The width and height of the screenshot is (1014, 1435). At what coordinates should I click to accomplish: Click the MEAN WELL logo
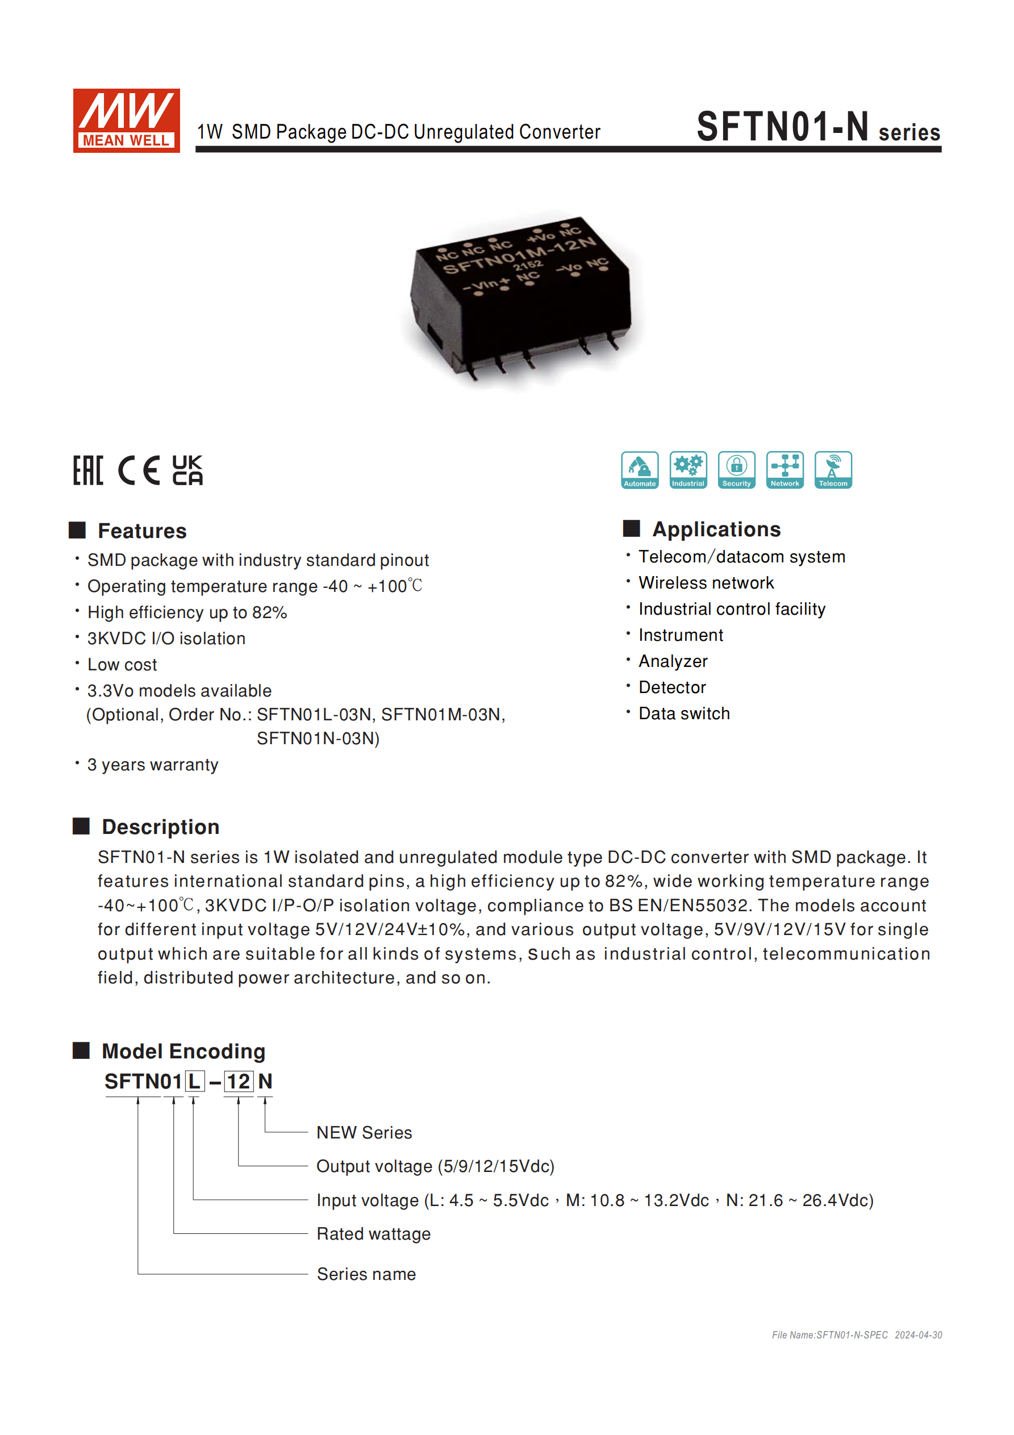coord(126,120)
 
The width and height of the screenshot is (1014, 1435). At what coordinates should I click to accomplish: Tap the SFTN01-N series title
coord(817,127)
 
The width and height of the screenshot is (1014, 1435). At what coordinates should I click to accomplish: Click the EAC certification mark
coord(88,470)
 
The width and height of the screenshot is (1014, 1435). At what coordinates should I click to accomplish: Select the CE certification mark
coord(139,470)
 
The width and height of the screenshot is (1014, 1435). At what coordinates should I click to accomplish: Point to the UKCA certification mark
coord(187,470)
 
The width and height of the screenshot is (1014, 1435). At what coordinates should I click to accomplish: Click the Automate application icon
coord(640,469)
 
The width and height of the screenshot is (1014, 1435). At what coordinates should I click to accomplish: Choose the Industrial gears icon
coord(688,469)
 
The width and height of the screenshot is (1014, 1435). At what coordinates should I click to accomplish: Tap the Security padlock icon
coord(736,469)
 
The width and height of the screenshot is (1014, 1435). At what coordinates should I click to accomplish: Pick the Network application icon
coord(785,469)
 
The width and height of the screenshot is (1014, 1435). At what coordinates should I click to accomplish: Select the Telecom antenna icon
coord(833,469)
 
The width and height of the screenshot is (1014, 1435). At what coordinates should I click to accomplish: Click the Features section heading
coord(142,531)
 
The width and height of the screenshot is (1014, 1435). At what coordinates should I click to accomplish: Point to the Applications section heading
coord(716,529)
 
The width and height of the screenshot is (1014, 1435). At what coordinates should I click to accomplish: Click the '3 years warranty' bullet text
coord(153,765)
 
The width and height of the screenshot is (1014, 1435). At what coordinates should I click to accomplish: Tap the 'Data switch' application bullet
coord(684,713)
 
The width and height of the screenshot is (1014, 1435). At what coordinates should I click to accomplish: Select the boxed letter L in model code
coord(194,1081)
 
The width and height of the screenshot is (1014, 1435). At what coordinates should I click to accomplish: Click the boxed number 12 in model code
coord(238,1081)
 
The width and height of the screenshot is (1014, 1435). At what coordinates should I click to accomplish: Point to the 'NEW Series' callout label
coord(364,1133)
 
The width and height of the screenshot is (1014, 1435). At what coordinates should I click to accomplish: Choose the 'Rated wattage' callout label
coord(373,1234)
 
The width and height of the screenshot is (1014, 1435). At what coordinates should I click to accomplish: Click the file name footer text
coord(857,1335)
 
